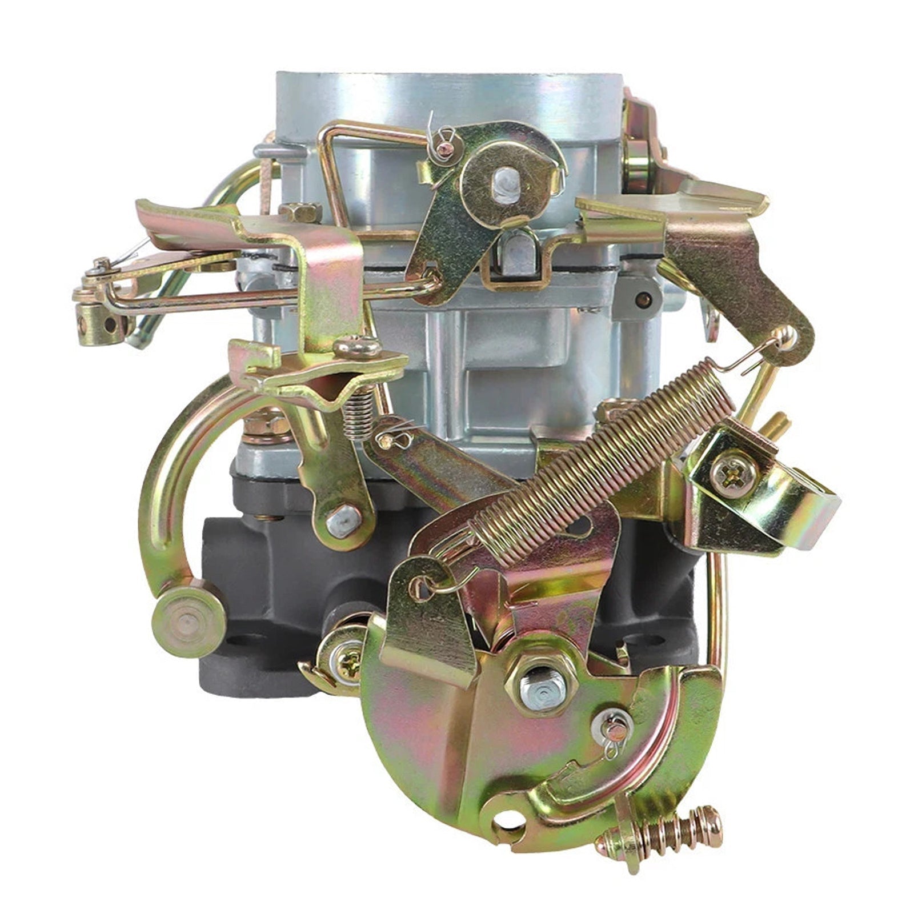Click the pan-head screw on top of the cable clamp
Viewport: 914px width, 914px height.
coord(357,347)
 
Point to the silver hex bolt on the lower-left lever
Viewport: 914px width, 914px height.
coord(343,520)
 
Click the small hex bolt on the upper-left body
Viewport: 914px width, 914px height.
coord(300,212)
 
